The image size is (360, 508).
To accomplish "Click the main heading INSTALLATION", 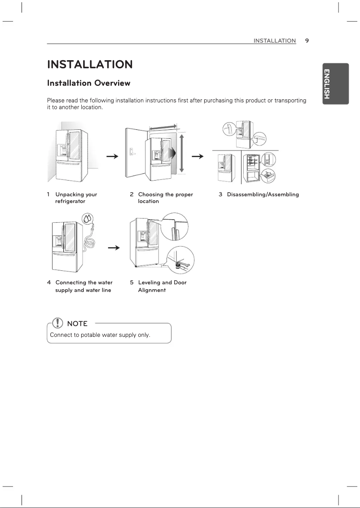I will [x=90, y=65].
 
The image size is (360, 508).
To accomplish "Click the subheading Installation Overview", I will [x=89, y=83].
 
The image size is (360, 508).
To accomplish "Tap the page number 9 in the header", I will [x=307, y=40].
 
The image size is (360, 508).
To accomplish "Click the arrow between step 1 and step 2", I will [x=112, y=156].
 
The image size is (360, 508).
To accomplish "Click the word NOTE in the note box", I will [x=77, y=323].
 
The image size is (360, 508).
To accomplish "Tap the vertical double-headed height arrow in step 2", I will [x=181, y=153].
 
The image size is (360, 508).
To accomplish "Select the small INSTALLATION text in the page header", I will [x=274, y=40].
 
